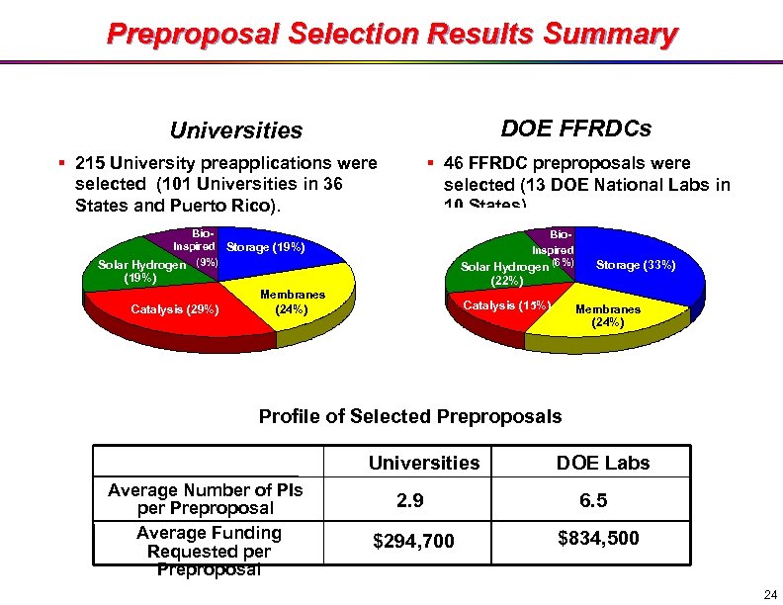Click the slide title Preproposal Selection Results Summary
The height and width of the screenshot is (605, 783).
(391, 35)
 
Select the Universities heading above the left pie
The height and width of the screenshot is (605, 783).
(236, 130)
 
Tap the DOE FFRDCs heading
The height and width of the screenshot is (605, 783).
(575, 129)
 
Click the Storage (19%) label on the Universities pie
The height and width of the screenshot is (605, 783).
(266, 247)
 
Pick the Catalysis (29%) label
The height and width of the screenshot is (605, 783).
(174, 309)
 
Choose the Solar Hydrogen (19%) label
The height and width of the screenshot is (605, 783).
(141, 272)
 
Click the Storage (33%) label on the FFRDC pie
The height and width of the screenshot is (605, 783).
(636, 265)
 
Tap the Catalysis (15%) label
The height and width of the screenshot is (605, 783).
(505, 304)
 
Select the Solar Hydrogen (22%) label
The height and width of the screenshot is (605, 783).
(504, 274)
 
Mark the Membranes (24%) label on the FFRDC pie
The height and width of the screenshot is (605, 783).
(607, 315)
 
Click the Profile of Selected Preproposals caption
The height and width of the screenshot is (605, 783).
(409, 416)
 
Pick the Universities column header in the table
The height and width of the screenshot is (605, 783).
(423, 463)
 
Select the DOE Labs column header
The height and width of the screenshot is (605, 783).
(603, 463)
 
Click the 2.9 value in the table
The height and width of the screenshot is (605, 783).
(409, 501)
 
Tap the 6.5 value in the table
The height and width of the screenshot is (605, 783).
(593, 501)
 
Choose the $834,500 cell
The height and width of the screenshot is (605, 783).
(598, 539)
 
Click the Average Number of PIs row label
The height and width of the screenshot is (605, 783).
(206, 499)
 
